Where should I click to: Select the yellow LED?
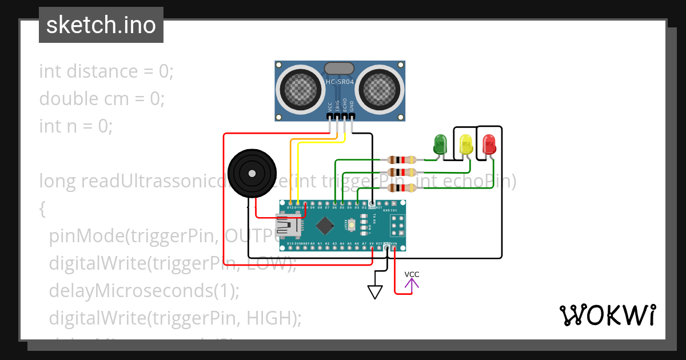pos(466,144)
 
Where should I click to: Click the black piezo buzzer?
pos(250,172)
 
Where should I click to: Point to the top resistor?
pos(401,160)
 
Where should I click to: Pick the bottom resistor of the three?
pos(401,188)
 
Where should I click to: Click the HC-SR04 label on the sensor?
pos(340,82)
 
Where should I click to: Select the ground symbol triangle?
pos(374,292)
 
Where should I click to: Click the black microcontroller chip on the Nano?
pos(325,226)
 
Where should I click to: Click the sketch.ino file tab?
pos(101,25)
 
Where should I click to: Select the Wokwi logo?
pos(607,315)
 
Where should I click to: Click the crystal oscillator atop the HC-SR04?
pos(340,69)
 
